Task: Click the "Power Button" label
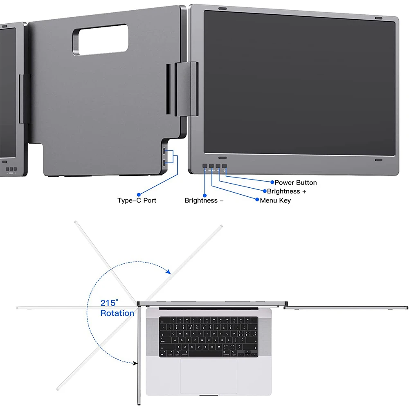click(295, 182)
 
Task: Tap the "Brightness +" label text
click(286, 191)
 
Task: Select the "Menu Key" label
click(275, 200)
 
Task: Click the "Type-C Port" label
click(137, 200)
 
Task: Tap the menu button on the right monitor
click(211, 166)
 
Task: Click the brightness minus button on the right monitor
click(205, 166)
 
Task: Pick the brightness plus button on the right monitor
click(218, 166)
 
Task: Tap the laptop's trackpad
click(209, 377)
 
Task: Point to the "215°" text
click(109, 303)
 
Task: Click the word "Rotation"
click(117, 313)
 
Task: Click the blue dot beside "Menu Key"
click(257, 200)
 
